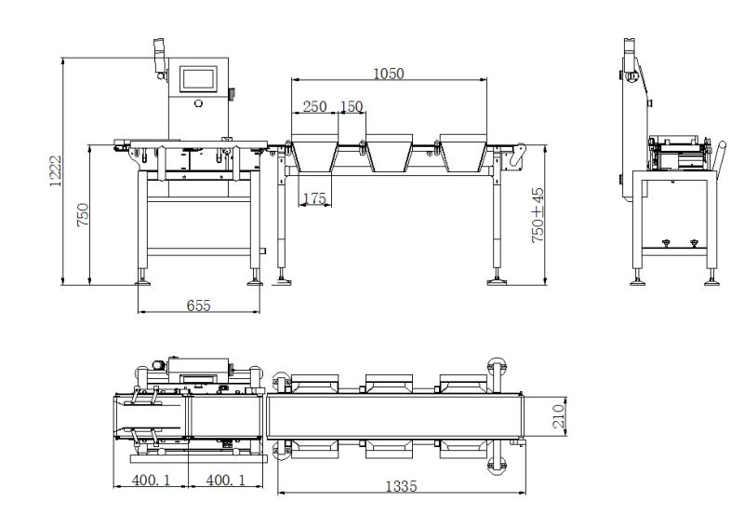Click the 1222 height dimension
(x=56, y=170)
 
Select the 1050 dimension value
(x=389, y=74)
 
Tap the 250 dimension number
(x=314, y=106)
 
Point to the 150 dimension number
(x=352, y=106)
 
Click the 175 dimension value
(x=314, y=198)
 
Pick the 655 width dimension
(x=198, y=305)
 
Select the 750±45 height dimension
(x=538, y=215)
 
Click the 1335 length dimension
(x=402, y=486)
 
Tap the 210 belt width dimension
(x=559, y=416)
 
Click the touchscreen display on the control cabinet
(x=198, y=79)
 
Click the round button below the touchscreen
(x=198, y=103)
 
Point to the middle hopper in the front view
(x=390, y=153)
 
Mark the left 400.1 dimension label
(x=151, y=480)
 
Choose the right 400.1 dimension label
(x=225, y=480)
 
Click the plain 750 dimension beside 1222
(x=83, y=215)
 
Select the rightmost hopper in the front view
(x=463, y=153)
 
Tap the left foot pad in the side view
(x=637, y=283)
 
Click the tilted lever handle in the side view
(x=720, y=156)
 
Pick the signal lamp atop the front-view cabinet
(x=159, y=56)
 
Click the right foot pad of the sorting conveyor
(x=497, y=282)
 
